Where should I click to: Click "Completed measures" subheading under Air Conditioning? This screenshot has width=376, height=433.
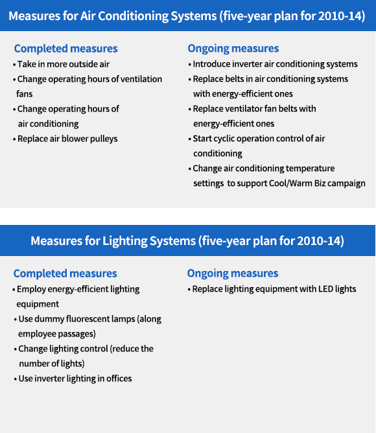pyautogui.click(x=65, y=49)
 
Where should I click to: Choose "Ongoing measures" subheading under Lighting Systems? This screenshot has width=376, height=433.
pyautogui.click(x=233, y=274)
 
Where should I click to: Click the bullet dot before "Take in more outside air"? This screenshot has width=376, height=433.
pyautogui.click(x=14, y=65)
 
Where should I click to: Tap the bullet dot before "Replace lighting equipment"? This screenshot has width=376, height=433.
pyautogui.click(x=189, y=290)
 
